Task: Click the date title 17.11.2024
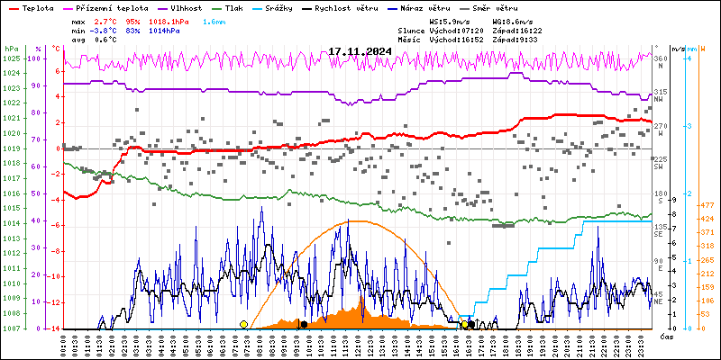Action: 360,51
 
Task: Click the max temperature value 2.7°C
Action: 105,20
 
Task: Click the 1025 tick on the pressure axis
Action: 11,58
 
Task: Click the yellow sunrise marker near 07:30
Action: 243,324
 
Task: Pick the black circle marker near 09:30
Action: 304,324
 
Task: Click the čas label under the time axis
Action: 666,336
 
